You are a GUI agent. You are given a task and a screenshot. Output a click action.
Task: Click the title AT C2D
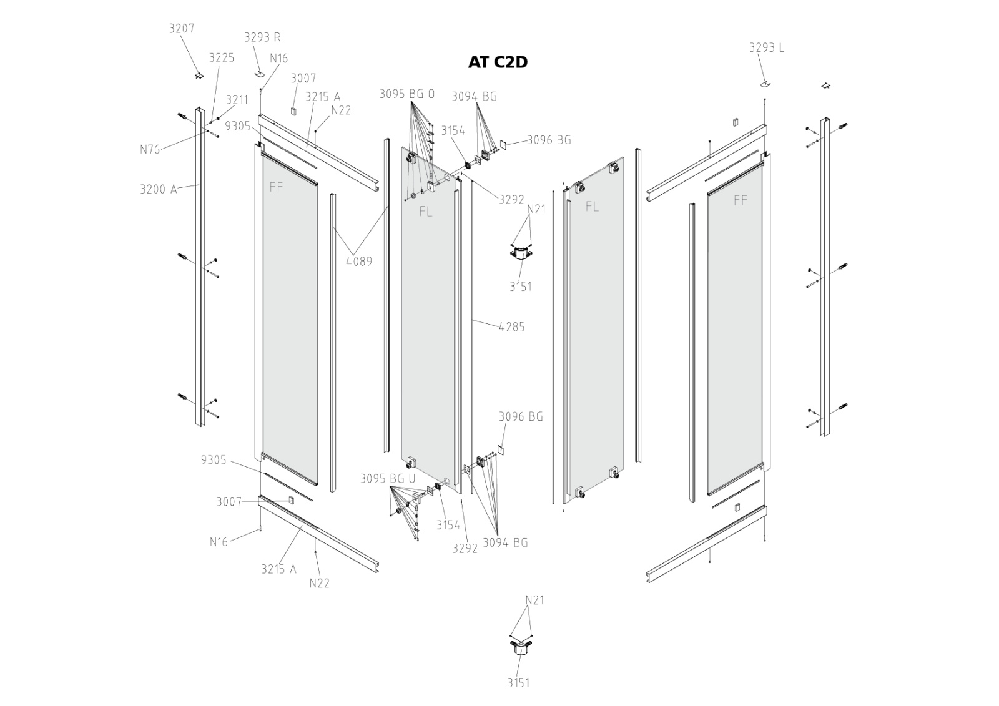click(498, 62)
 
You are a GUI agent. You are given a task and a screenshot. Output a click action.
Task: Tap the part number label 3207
click(182, 29)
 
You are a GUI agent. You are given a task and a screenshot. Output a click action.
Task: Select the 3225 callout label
click(221, 58)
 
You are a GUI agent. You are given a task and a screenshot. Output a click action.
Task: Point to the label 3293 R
click(262, 37)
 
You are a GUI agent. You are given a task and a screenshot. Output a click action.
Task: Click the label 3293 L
click(766, 48)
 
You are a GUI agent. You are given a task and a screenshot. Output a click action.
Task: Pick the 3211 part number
click(237, 100)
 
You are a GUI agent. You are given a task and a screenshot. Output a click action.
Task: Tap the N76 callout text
click(150, 149)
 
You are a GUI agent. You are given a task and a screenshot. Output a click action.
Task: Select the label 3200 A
click(159, 189)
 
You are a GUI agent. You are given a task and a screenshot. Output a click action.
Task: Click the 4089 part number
click(358, 262)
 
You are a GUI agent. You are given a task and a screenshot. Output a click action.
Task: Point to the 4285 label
click(511, 327)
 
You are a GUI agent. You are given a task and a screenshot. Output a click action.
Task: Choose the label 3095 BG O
click(407, 94)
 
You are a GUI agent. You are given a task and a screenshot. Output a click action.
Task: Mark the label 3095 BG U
click(387, 479)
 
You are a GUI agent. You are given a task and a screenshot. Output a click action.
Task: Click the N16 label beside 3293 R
click(278, 59)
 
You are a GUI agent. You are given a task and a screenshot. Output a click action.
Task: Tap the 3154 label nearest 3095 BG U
click(448, 525)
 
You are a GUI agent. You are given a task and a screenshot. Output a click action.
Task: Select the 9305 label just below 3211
click(237, 127)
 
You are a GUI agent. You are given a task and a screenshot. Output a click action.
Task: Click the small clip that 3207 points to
click(199, 76)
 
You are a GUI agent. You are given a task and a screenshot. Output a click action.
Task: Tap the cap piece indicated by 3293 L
click(764, 83)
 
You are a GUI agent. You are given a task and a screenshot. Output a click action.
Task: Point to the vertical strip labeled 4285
click(472, 325)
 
